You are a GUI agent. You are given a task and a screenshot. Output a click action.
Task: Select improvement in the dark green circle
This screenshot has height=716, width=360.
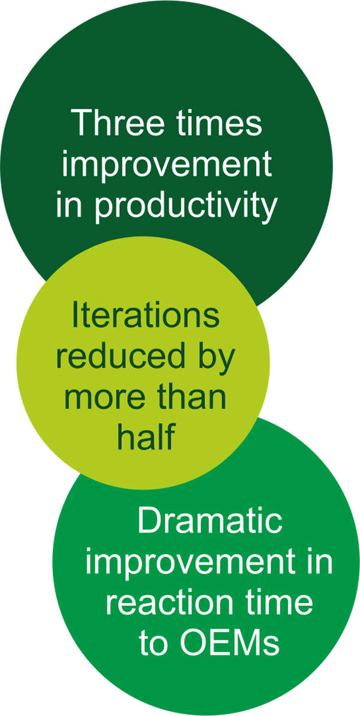167,165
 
